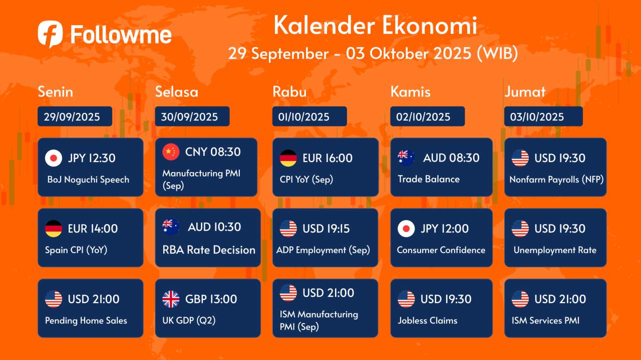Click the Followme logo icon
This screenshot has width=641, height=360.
pos(50,33)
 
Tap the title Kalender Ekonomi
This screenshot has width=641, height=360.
pos(375,25)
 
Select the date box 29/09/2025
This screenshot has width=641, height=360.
pos(75,116)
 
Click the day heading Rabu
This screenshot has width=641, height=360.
pos(289,91)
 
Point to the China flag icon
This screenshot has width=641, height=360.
pos(171,151)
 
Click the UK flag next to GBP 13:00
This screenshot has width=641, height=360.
pos(171,299)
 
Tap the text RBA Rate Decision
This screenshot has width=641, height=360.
pos(209,250)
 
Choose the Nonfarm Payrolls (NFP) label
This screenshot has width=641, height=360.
pos(556,179)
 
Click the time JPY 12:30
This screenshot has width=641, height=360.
pos(92,158)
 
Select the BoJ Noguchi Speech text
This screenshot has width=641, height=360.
pos(88,179)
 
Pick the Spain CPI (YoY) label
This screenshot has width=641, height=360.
pos(76,250)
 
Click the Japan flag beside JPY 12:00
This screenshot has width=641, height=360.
pos(406,228)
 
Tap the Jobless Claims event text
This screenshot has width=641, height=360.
pos(428,320)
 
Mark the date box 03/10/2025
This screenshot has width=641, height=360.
pos(543,116)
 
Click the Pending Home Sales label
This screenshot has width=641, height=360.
pos(86,320)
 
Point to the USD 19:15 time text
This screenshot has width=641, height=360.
pos(326,228)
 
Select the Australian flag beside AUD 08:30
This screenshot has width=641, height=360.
pos(406,157)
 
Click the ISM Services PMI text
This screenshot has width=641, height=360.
pos(545,320)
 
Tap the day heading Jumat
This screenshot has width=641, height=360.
pos(525,91)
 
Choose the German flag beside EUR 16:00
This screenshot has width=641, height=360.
pos(288,158)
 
